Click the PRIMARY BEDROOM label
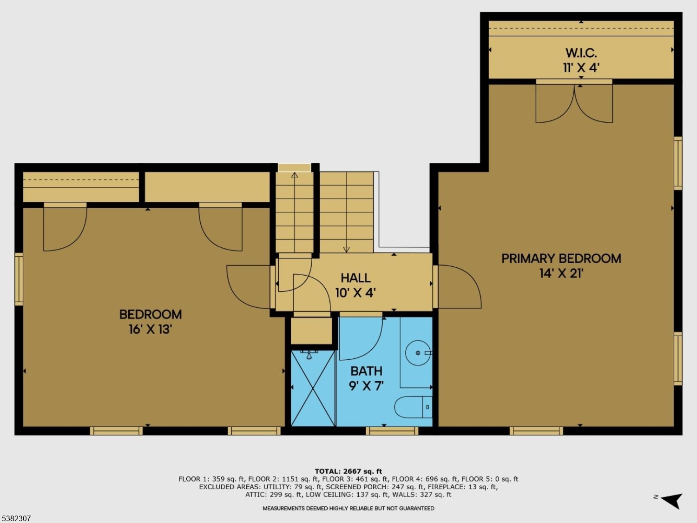point(561,258)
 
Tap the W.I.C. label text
point(581,53)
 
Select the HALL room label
point(355,278)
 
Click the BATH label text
point(366,371)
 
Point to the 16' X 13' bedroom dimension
point(150,329)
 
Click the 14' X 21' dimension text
point(561,273)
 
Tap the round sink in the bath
point(418,353)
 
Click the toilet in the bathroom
point(413,407)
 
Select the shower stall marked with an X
point(313,388)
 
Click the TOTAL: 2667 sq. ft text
point(348,471)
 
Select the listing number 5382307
point(17,518)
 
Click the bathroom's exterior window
point(392,431)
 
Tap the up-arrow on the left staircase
point(295,175)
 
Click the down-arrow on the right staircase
point(346,249)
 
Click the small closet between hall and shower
point(311,331)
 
